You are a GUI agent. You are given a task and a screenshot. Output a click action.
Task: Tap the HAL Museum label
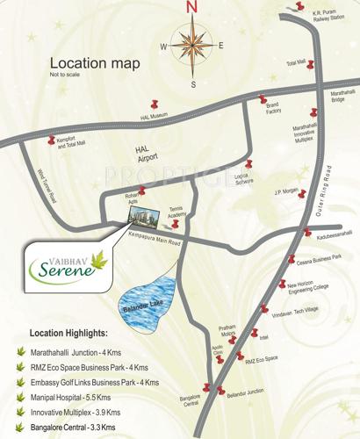point(152,116)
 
